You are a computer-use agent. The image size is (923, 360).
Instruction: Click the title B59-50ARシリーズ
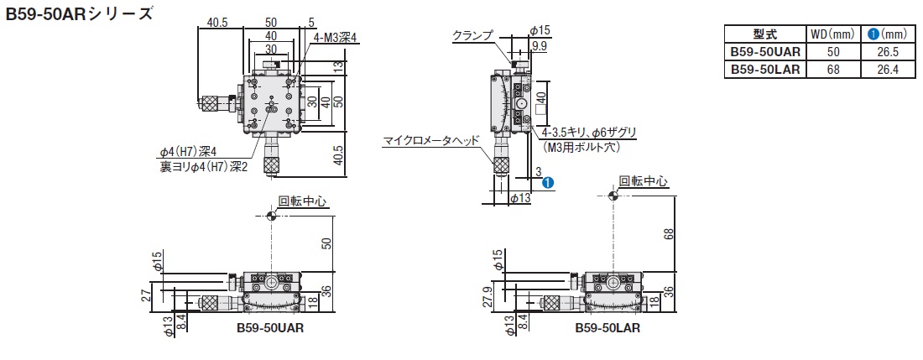coord(80,13)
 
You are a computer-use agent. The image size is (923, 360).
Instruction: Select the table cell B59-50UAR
coord(765,52)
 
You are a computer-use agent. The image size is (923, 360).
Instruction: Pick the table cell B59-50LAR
coord(765,70)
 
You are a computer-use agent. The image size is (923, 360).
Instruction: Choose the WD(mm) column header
coord(832,34)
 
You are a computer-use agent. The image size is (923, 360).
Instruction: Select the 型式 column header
coord(765,34)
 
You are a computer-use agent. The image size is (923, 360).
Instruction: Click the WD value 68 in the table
coord(833,70)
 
